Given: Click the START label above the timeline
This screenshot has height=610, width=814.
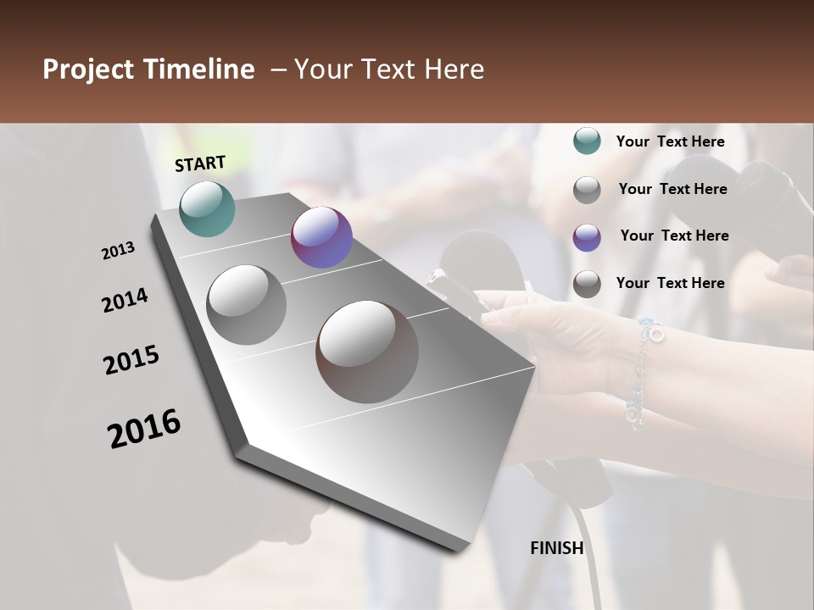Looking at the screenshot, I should pos(200,164).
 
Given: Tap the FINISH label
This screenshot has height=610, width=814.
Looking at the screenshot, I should pos(556,548).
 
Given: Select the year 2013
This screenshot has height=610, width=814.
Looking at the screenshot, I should pos(118,251).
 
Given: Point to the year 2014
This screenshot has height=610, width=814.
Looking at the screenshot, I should pos(125,300).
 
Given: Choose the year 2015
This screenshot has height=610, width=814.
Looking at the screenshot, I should pos(131,360).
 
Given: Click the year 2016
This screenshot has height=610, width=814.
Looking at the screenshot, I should pos(144,428).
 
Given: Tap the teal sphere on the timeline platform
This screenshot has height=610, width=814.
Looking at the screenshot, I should pos(207,208).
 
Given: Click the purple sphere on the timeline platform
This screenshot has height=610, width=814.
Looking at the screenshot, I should pos(321,237).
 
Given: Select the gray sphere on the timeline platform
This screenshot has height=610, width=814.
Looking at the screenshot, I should pos(247,305).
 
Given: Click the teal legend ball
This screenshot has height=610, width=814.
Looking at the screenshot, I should pos(587,141).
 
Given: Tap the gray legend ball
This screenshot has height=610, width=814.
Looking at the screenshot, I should pos(587,190).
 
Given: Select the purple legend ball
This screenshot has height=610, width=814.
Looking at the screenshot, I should pos(587,237).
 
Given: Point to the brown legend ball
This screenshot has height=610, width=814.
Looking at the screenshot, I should pos(587,284).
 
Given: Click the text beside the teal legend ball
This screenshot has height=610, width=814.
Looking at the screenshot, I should pos(670,141).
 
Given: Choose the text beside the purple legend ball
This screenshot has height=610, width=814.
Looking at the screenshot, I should pos(674,236).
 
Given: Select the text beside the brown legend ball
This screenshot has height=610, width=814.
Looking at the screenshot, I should pos(670,283).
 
